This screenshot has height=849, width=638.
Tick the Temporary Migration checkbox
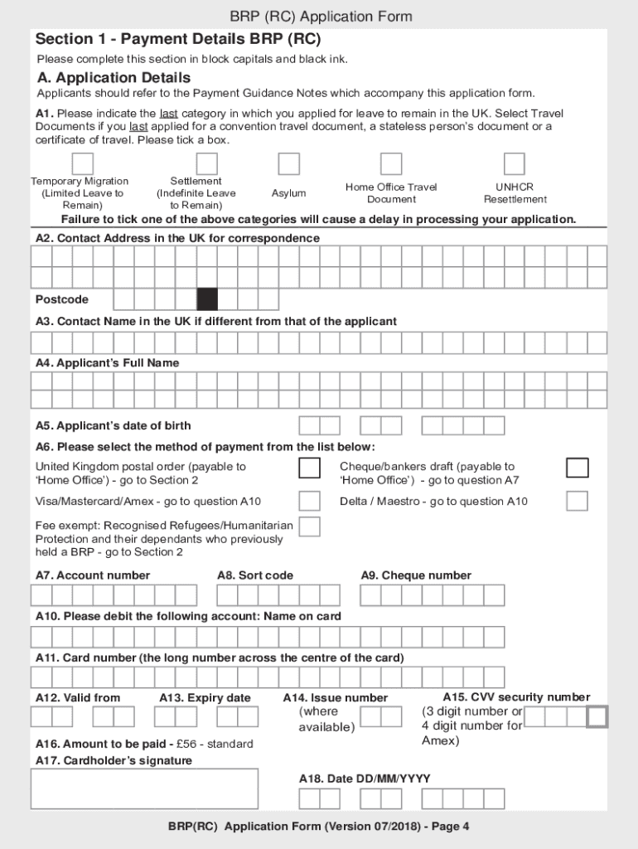82,163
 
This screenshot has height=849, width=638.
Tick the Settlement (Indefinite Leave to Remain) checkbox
206,163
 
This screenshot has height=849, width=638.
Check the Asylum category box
288,163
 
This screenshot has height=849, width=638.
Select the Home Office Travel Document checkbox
391,163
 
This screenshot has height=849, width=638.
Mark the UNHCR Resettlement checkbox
515,163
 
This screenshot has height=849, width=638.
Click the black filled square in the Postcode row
207,299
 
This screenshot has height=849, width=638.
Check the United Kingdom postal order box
309,468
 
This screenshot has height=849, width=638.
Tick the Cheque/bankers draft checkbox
578,468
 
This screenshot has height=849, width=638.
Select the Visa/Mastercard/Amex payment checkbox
309,501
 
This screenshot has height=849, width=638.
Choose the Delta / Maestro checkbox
578,501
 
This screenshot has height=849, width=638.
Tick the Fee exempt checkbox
309,526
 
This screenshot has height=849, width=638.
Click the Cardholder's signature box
144,788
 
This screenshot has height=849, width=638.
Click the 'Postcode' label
61,299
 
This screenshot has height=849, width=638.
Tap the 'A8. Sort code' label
255,575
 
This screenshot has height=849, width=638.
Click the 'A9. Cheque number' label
416,575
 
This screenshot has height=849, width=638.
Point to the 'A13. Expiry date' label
205,698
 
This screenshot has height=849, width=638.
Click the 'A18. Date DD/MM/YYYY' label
365,779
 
